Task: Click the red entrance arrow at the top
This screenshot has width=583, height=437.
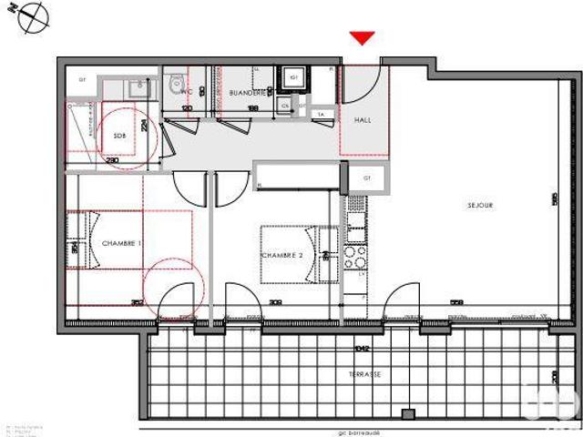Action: (x=363, y=37)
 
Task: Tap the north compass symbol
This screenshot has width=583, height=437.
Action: (x=35, y=15)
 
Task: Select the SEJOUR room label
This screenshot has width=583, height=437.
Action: (x=479, y=206)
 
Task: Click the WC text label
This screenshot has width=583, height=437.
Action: (x=186, y=92)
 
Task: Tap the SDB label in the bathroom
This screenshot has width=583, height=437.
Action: (x=119, y=137)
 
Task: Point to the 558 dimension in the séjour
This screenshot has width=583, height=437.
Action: (x=456, y=303)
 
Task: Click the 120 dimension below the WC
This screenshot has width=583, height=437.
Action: (x=188, y=108)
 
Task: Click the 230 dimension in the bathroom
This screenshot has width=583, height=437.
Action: (x=112, y=160)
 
